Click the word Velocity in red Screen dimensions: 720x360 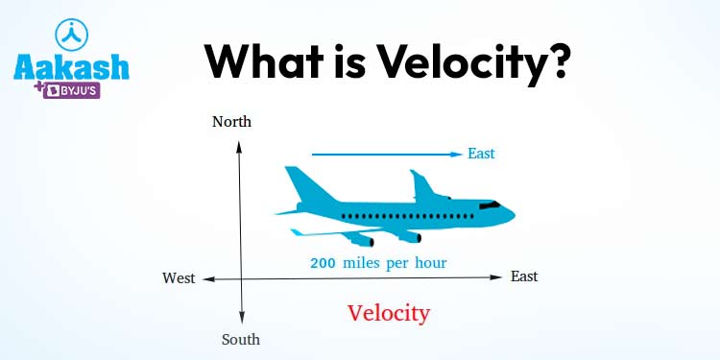click(x=389, y=314)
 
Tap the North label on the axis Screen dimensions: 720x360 click(x=232, y=122)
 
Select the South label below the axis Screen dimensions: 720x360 click(x=241, y=340)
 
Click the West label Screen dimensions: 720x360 click(x=179, y=278)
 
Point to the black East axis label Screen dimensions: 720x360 click(x=524, y=276)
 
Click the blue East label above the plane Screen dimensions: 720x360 click(x=481, y=154)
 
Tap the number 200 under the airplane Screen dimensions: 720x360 click(x=324, y=264)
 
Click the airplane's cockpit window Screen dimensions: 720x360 click(x=490, y=204)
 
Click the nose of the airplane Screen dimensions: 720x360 click(x=511, y=214)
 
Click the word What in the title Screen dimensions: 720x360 click(x=264, y=61)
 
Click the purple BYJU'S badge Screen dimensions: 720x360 click(x=72, y=91)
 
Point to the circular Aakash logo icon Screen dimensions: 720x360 click(x=71, y=35)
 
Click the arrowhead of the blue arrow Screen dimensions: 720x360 click(x=456, y=155)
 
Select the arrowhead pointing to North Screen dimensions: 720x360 click(x=239, y=148)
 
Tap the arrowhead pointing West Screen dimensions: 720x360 click(x=208, y=279)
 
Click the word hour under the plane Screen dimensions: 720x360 click(x=431, y=264)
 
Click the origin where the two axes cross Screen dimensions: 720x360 click(x=240, y=278)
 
